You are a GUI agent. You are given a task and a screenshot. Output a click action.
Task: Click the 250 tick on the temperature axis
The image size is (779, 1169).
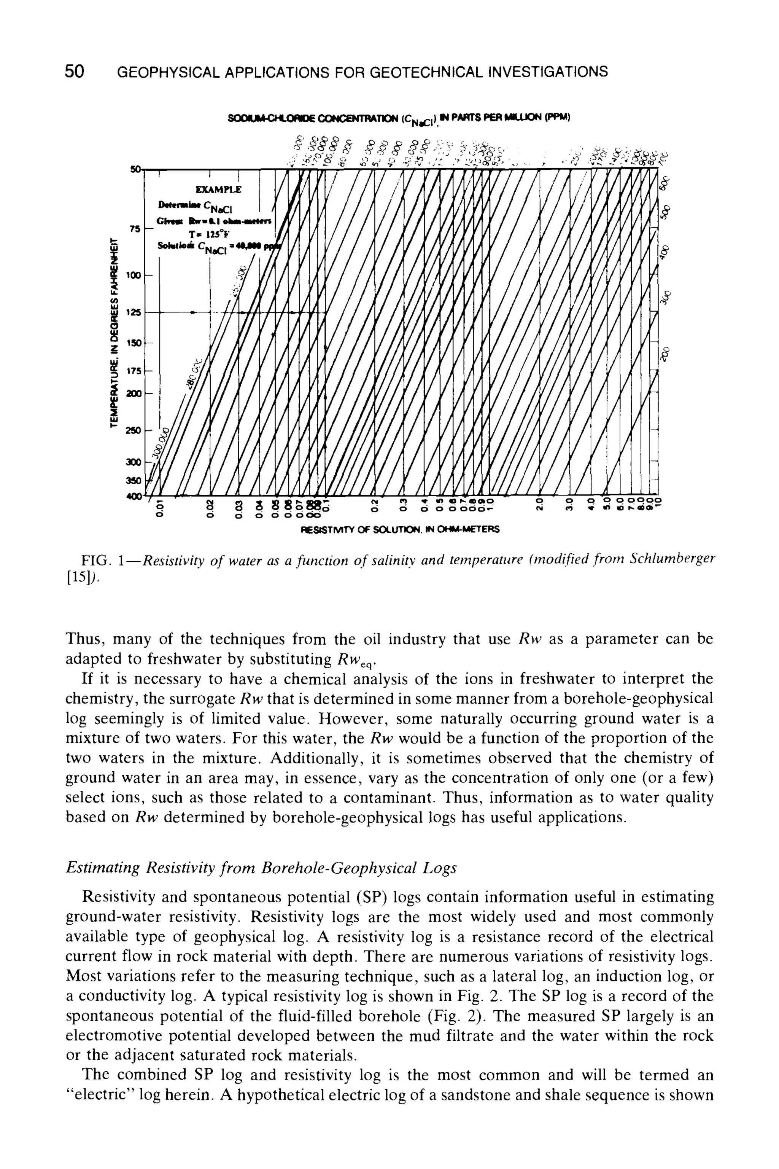[x=134, y=430]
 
